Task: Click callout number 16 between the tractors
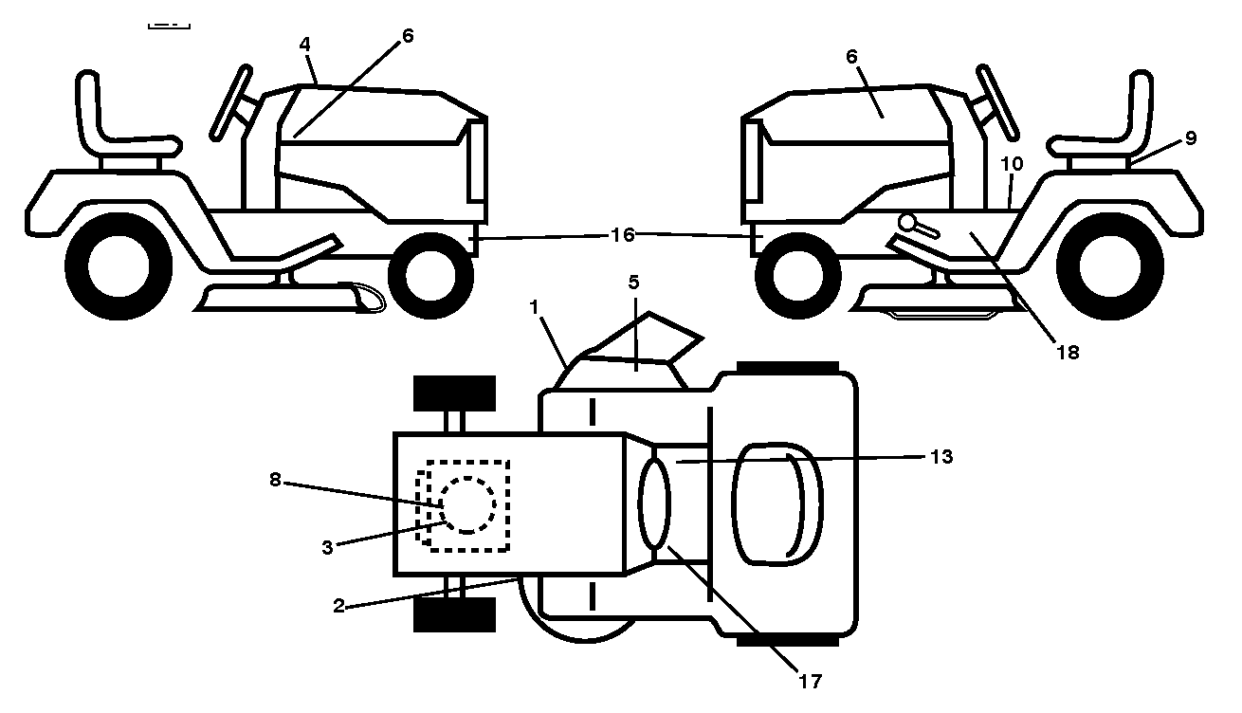point(622,235)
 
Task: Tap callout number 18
point(1068,352)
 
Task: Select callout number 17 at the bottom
point(810,681)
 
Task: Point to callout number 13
point(941,457)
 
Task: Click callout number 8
point(275,480)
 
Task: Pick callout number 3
point(328,548)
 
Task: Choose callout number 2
point(338,606)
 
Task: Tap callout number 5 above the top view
point(633,283)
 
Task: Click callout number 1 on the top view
point(534,307)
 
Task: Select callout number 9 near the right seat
point(1191,138)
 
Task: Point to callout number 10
point(1012,164)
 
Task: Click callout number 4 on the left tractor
point(305,45)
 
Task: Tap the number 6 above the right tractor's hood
point(851,56)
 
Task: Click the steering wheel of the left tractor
point(230,102)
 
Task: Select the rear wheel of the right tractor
point(1110,266)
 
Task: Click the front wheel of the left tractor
point(430,276)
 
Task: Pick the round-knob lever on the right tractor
point(919,228)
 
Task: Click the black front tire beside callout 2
point(455,614)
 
